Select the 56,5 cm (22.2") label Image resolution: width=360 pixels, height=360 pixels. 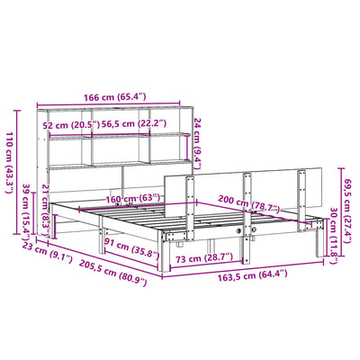pos(133,125)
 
